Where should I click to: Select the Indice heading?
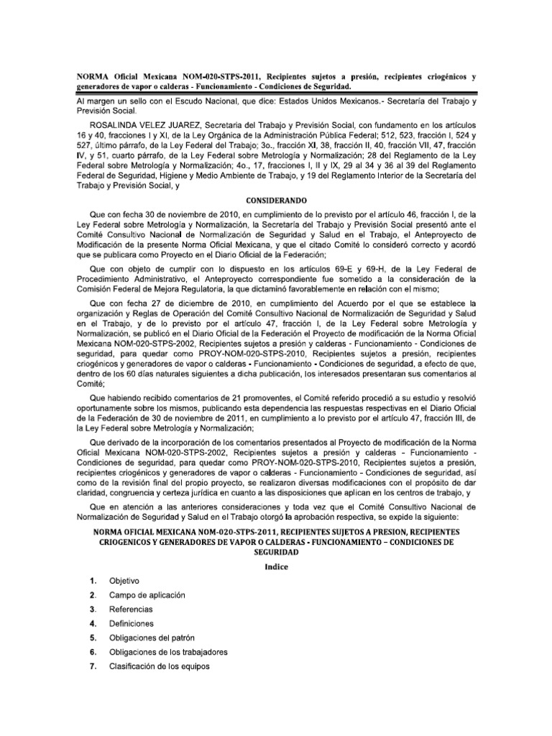point(275,566)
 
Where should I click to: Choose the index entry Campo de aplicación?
point(147,595)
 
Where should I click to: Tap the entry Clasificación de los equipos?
point(157,666)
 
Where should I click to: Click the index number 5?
point(93,638)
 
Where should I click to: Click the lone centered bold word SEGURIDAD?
point(275,553)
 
